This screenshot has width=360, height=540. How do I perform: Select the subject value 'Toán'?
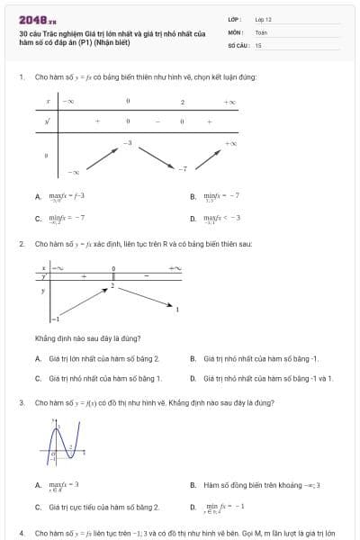[x=261, y=31]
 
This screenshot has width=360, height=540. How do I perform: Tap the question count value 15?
[x=258, y=43]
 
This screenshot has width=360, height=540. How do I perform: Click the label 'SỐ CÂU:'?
[x=238, y=43]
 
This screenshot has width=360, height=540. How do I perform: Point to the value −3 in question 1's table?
[x=128, y=142]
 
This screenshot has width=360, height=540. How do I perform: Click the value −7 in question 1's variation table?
[x=182, y=168]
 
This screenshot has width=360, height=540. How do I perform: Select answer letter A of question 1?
[x=38, y=196]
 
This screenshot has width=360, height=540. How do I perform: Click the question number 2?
[x=21, y=243]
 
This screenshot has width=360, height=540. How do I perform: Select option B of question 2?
[x=193, y=358]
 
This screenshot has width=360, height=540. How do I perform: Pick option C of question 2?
[x=38, y=378]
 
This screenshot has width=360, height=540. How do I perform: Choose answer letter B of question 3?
[x=193, y=485]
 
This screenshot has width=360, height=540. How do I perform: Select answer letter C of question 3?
[x=38, y=507]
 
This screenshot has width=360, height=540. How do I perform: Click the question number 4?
[x=21, y=533]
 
